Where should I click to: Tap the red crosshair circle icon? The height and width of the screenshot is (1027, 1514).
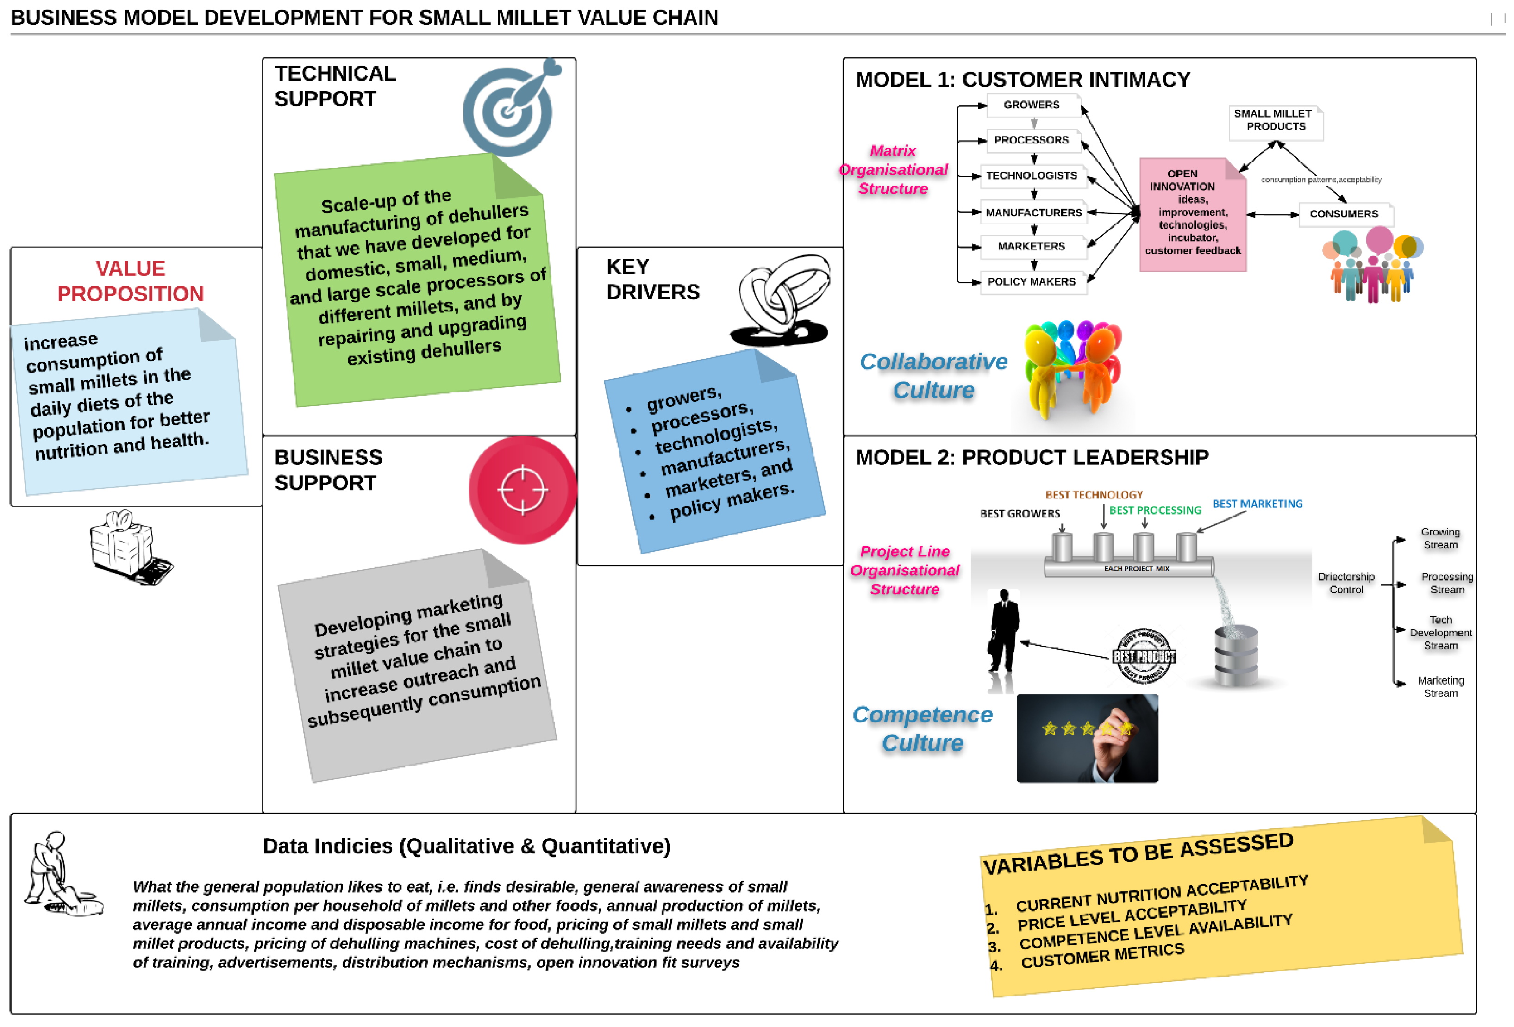pyautogui.click(x=522, y=490)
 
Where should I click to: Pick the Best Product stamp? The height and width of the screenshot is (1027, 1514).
pyautogui.click(x=1144, y=656)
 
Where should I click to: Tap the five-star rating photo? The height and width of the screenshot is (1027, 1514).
pyautogui.click(x=1087, y=738)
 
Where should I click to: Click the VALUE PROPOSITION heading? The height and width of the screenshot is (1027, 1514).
pyautogui.click(x=130, y=281)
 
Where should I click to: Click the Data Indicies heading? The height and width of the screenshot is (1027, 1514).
pyautogui.click(x=466, y=846)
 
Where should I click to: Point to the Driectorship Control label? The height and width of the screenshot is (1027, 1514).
pyautogui.click(x=1345, y=583)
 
